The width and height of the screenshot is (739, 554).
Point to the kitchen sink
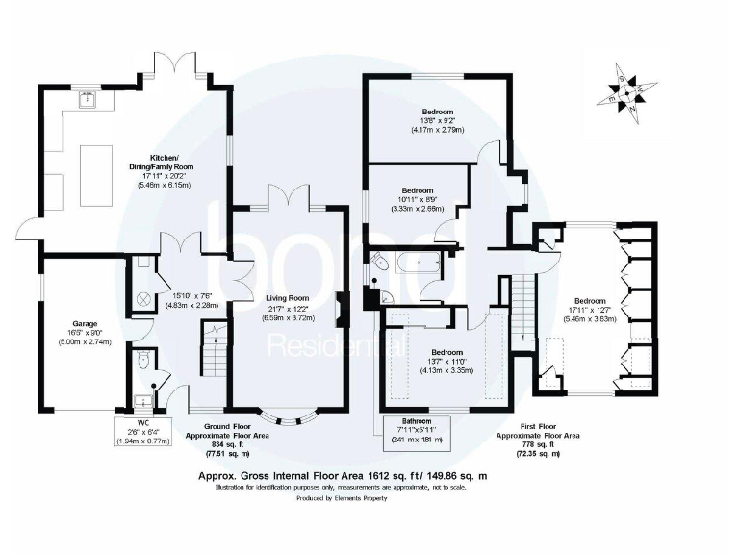pyautogui.click(x=88, y=97)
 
